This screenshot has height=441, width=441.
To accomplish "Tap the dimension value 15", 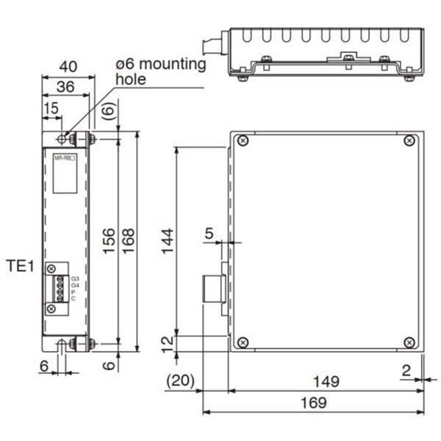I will point(51,109).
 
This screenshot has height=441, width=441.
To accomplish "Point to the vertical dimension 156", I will point(108,240).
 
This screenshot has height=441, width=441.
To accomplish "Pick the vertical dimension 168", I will point(129,240).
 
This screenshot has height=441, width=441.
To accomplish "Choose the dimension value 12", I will point(167,343).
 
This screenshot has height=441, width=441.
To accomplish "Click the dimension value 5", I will point(209,234).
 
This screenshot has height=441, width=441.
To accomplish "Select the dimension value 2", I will point(406,370).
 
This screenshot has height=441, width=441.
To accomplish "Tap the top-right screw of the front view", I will point(410,140).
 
